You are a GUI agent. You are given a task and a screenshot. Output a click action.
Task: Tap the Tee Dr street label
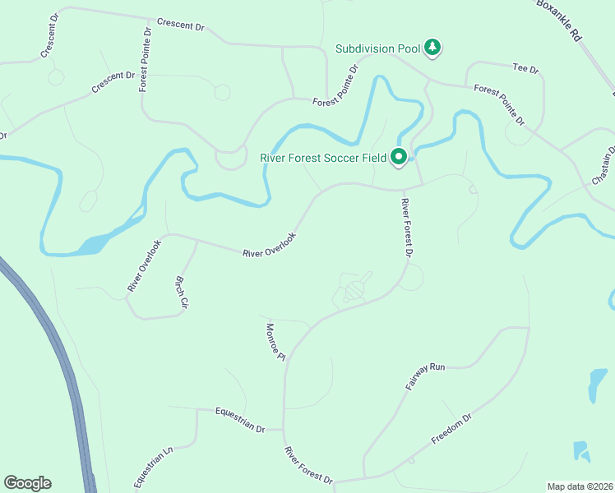(x=525, y=69)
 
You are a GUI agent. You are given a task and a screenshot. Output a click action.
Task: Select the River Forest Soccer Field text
(x=323, y=157)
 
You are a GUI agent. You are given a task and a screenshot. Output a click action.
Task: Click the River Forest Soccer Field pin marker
(x=400, y=155)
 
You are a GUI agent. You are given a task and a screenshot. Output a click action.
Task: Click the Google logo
(x=27, y=483)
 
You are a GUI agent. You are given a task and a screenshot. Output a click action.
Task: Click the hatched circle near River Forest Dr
(x=354, y=290)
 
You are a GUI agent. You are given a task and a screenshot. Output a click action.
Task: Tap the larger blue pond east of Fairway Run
(x=594, y=385)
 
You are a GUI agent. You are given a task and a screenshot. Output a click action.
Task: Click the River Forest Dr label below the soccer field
(x=405, y=228)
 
